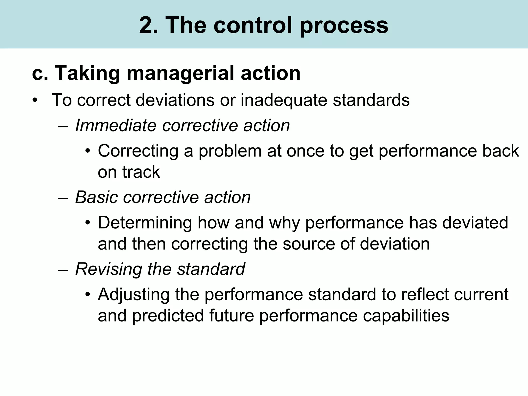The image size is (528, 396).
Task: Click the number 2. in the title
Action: (x=148, y=25)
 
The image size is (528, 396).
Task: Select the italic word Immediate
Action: (x=116, y=126)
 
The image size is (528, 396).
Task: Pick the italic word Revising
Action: (x=109, y=269)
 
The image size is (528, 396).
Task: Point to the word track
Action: (x=141, y=172)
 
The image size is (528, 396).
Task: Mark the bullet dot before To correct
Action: (x=35, y=100)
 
